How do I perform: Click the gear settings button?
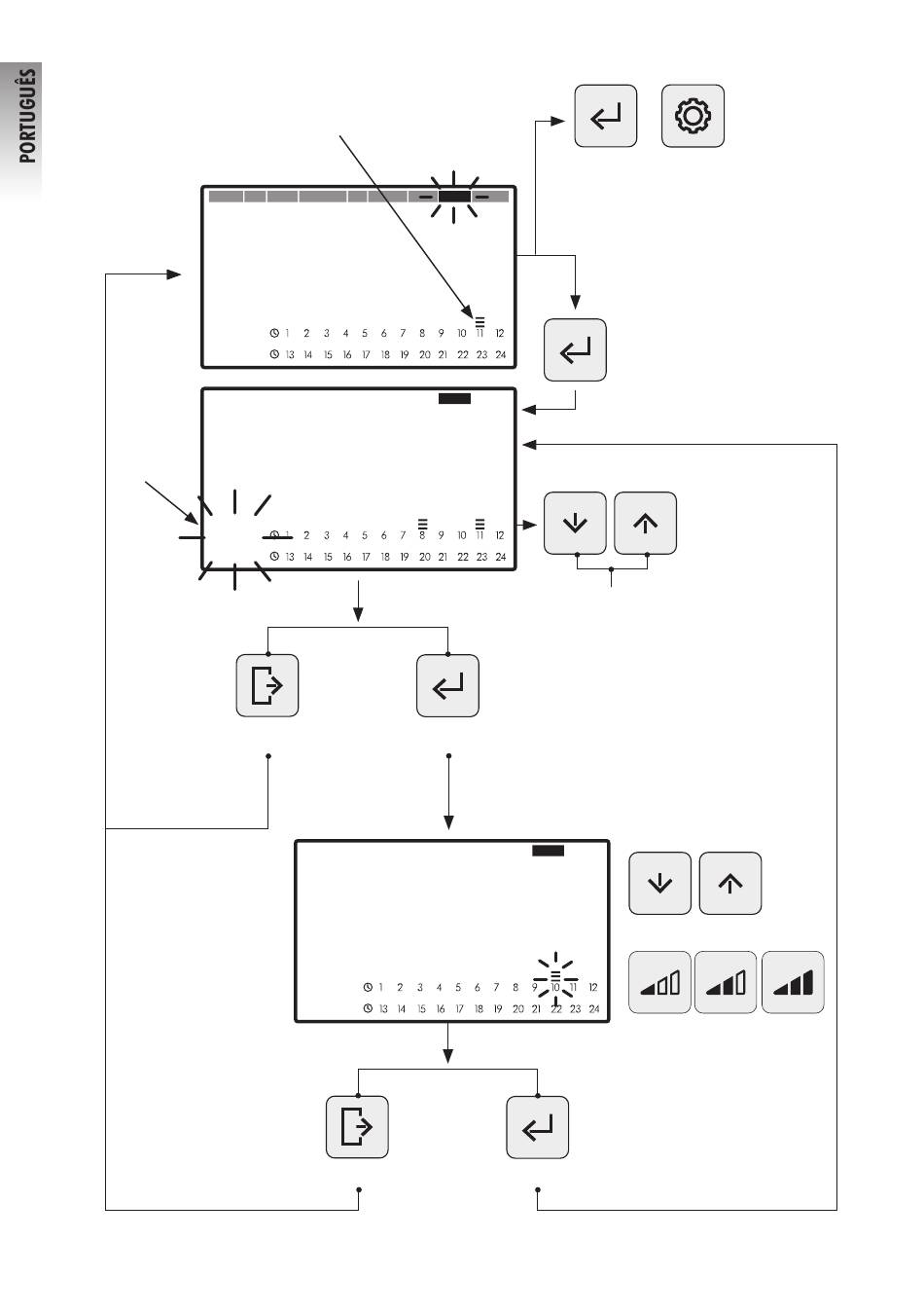coord(693,117)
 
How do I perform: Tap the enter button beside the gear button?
coord(605,117)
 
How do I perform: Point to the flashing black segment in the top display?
coord(454,197)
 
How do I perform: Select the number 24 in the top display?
coord(501,355)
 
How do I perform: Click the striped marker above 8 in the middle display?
coord(422,523)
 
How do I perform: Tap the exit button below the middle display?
coord(267,686)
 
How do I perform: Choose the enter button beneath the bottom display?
coord(537,1127)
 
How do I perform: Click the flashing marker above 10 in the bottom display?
coord(555,974)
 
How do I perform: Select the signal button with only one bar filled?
coord(659,983)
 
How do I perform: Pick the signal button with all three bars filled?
coord(792,983)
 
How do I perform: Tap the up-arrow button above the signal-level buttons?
coord(730,884)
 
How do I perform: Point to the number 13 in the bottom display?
coord(383,1009)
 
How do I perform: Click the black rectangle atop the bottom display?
coord(548,851)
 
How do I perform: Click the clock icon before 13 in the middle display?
coord(274,557)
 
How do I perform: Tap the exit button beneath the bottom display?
coord(357,1127)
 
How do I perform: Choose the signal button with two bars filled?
coord(726,983)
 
